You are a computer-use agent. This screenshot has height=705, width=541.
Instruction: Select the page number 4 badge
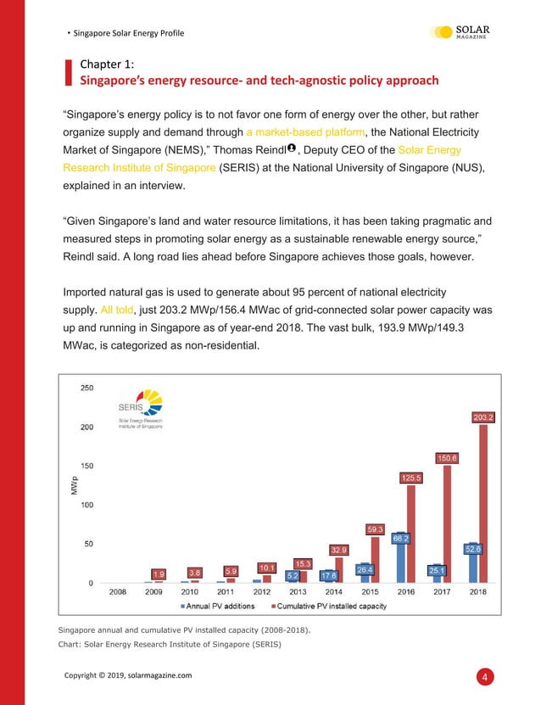click(x=484, y=676)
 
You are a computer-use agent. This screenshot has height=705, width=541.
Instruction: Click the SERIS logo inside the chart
click(x=140, y=410)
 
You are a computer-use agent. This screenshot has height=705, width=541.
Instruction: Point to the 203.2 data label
click(x=483, y=417)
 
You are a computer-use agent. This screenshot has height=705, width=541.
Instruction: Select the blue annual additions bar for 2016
click(x=399, y=562)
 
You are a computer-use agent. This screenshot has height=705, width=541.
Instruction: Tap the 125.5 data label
click(x=411, y=478)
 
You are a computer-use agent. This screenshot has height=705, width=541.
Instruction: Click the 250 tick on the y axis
click(x=86, y=389)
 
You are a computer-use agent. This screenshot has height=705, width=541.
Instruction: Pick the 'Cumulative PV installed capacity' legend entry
click(x=327, y=606)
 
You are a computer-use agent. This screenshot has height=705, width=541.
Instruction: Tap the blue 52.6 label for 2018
click(x=473, y=549)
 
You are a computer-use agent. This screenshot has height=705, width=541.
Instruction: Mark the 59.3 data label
click(x=376, y=529)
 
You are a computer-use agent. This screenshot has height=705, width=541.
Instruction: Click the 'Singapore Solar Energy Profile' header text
click(x=128, y=33)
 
